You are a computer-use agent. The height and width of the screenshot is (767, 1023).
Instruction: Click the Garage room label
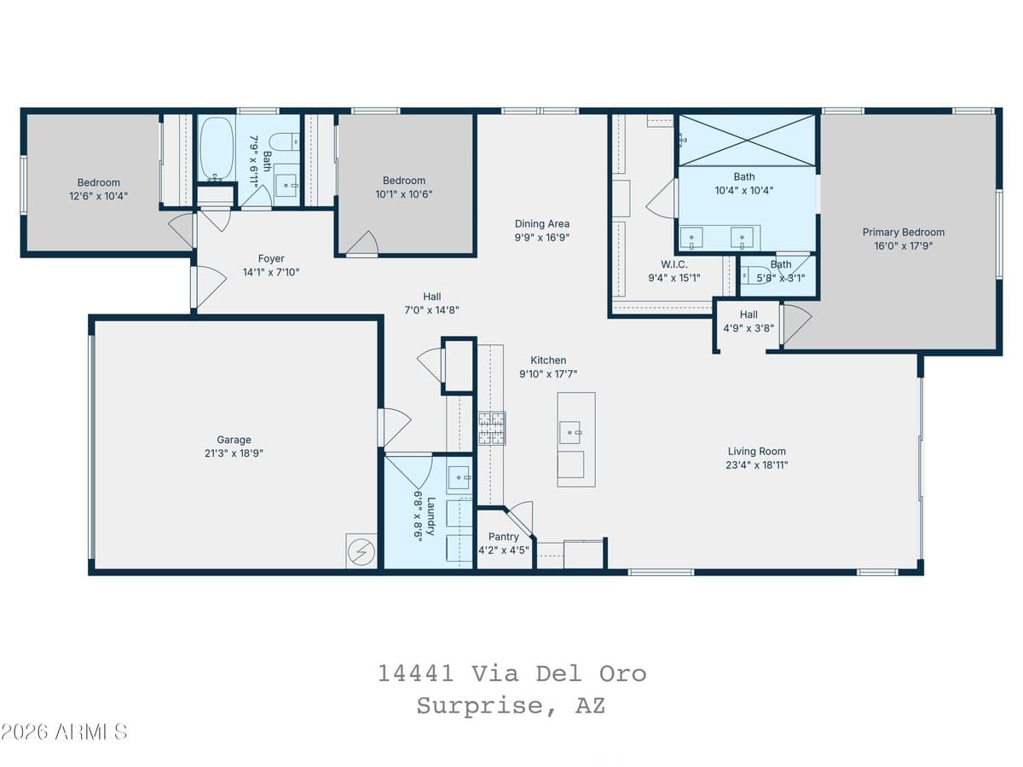click(x=234, y=440)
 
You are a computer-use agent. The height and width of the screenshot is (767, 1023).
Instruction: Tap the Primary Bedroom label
click(x=903, y=232)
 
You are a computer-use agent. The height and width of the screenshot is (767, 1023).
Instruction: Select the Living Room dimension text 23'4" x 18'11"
click(x=756, y=465)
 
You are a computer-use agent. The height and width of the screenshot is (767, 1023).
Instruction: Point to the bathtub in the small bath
click(x=216, y=148)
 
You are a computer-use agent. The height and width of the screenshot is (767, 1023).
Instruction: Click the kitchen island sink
click(x=570, y=432)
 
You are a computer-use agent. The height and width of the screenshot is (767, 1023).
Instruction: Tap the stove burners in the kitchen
click(x=491, y=428)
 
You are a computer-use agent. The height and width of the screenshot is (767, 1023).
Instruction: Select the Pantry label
click(x=503, y=537)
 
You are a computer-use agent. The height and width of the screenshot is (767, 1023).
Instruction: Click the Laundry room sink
click(x=459, y=478)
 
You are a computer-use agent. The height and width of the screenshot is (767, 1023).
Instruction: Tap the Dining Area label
click(x=541, y=224)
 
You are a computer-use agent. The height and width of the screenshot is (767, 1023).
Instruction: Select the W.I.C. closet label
click(x=673, y=264)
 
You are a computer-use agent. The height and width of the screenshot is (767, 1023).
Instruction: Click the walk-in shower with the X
click(x=746, y=140)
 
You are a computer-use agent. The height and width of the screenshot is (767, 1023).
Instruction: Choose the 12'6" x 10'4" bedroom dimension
click(x=99, y=196)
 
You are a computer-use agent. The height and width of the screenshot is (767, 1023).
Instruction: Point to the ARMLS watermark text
click(x=64, y=732)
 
